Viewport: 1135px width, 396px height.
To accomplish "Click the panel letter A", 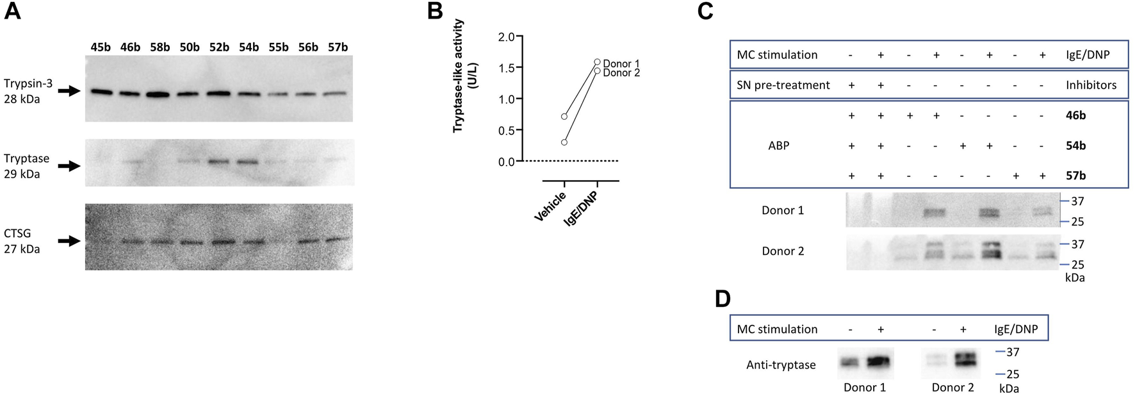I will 13,11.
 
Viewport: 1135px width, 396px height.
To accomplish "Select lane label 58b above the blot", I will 159,47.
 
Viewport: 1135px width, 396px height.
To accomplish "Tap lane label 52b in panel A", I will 219,47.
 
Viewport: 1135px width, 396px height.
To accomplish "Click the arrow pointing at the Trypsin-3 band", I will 69,91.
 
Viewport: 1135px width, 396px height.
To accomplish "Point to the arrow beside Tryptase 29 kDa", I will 69,166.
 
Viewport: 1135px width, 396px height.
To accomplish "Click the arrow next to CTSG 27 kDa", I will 69,241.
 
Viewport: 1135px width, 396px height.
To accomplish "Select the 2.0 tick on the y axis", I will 507,37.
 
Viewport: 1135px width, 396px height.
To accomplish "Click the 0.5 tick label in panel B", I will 507,131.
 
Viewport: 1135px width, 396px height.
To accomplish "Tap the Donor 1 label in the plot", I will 621,63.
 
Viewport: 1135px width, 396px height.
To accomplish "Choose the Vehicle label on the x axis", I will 550,206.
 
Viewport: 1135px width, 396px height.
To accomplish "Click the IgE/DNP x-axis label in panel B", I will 580,208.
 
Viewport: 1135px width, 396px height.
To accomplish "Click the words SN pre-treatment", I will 783,85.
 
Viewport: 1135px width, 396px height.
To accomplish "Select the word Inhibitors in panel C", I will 1091,85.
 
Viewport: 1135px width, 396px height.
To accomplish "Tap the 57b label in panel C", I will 1075,176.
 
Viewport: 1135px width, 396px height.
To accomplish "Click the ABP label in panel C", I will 778,145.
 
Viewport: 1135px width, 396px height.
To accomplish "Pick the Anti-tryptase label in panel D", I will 781,365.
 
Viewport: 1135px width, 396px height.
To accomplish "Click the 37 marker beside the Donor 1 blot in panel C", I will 1077,201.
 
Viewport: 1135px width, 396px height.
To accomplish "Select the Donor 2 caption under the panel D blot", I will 952,387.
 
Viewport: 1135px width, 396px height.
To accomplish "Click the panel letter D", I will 723,299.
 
